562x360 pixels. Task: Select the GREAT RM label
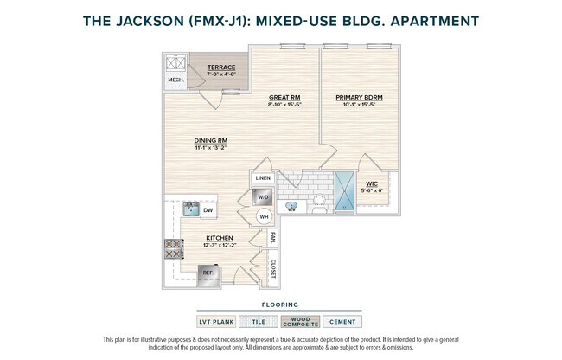284,98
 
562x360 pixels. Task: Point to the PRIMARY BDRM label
359,98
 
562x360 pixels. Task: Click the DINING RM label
210,140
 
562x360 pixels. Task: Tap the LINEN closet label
263,178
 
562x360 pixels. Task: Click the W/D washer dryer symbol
263,198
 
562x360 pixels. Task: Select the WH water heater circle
264,218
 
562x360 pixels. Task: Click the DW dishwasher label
208,209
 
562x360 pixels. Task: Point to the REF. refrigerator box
208,273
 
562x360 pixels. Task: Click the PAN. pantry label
272,235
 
